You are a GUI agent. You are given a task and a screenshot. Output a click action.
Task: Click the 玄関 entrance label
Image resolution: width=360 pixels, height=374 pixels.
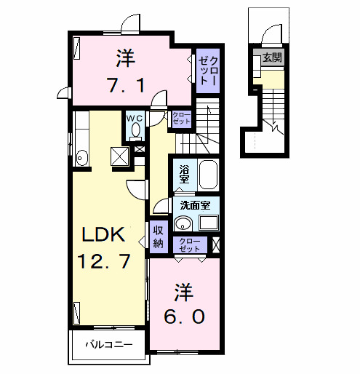click(x=273, y=57)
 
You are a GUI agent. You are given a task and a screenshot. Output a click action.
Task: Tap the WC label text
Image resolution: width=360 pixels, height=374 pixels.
click(x=135, y=117)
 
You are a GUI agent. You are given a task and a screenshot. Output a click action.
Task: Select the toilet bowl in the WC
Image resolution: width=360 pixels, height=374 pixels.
click(x=135, y=130)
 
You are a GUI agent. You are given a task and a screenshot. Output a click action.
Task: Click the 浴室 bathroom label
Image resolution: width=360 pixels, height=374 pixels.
click(x=185, y=174)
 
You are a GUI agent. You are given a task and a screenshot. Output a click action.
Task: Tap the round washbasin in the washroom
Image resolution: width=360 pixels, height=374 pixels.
click(x=183, y=224)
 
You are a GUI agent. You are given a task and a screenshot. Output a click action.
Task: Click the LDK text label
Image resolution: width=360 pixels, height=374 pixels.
click(x=104, y=234)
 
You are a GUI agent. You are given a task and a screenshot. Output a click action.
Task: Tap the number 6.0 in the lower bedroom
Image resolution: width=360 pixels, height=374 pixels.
click(x=183, y=317)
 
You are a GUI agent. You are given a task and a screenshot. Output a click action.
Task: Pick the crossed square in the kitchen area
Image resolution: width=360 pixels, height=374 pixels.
click(x=119, y=155)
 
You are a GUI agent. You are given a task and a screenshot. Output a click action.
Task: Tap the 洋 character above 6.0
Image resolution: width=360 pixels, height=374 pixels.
click(x=183, y=293)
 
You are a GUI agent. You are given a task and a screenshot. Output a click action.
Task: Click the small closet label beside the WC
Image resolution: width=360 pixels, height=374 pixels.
click(x=181, y=119)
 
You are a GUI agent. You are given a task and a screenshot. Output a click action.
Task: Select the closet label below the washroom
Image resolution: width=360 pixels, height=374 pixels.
click(x=189, y=244)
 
